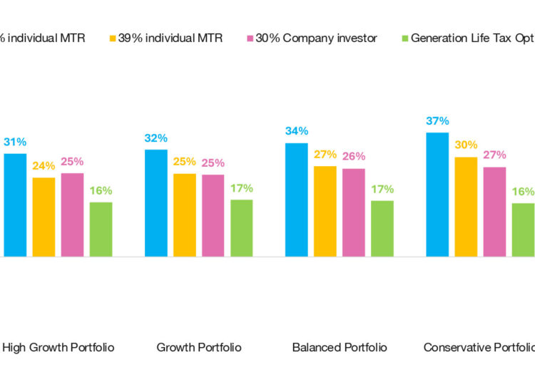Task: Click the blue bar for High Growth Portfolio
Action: click(15, 205)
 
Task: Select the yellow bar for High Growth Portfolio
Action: click(44, 217)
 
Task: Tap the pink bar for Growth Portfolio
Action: click(213, 215)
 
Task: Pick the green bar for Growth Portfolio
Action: click(241, 227)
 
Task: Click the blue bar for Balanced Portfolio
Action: click(297, 200)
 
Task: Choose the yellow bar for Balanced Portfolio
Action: click(325, 211)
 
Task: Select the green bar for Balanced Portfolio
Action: click(382, 228)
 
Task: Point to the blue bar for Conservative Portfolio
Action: click(437, 194)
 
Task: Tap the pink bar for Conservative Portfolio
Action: click(494, 212)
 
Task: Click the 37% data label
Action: click(437, 120)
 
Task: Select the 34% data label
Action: click(297, 131)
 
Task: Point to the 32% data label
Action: click(156, 138)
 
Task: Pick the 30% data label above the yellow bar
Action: click(466, 145)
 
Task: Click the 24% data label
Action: click(44, 166)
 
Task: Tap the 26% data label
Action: click(353, 157)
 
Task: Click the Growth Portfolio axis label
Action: click(199, 348)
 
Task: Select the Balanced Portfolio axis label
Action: click(340, 348)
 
